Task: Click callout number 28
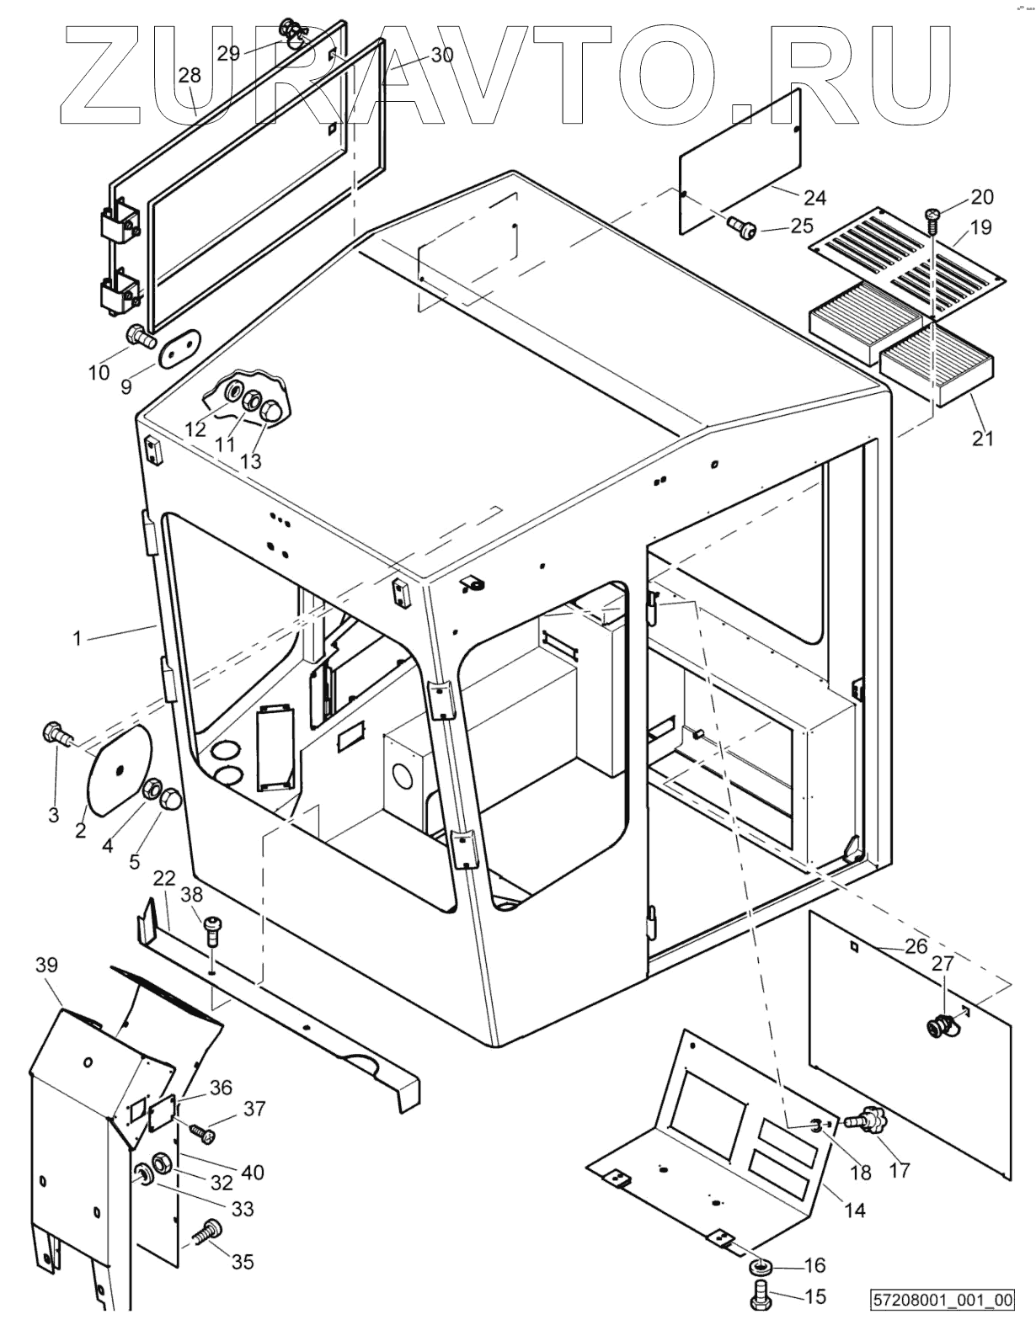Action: pyautogui.click(x=190, y=75)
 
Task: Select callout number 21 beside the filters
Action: pyautogui.click(x=983, y=438)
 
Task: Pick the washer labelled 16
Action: pyautogui.click(x=761, y=1267)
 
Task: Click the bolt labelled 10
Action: pyautogui.click(x=139, y=337)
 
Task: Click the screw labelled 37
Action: pyautogui.click(x=201, y=1134)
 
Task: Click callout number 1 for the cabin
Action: pyautogui.click(x=77, y=639)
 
